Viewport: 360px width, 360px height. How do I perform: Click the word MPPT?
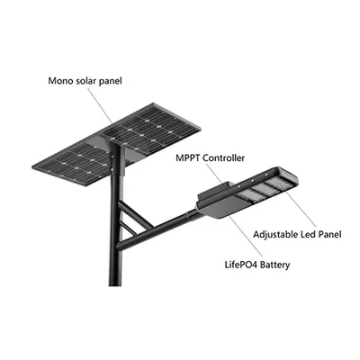(188, 157)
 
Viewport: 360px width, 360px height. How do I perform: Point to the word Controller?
(224, 157)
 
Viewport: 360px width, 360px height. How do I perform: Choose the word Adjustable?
(275, 234)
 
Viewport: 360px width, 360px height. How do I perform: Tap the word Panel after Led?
(329, 234)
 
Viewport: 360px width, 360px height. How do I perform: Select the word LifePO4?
(241, 265)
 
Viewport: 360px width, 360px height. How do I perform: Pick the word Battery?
(275, 265)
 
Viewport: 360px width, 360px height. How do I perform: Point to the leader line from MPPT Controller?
(218, 176)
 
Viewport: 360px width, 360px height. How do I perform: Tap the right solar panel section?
(149, 129)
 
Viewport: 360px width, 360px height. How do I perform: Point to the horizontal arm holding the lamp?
(158, 230)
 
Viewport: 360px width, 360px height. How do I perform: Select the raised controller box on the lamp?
(216, 192)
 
